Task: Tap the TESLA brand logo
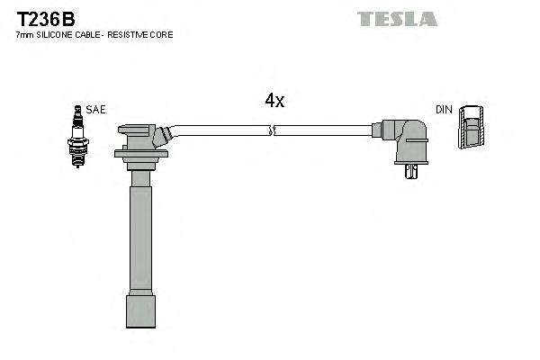point(397,18)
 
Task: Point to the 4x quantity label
point(274,101)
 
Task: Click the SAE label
point(96,109)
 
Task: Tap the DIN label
point(444,109)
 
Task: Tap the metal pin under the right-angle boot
point(412,170)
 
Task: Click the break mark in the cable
point(272,130)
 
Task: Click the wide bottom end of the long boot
point(140,311)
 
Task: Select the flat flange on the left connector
point(141,154)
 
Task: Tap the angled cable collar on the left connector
point(162,136)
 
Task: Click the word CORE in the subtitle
point(163,34)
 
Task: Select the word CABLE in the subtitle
point(86,34)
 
